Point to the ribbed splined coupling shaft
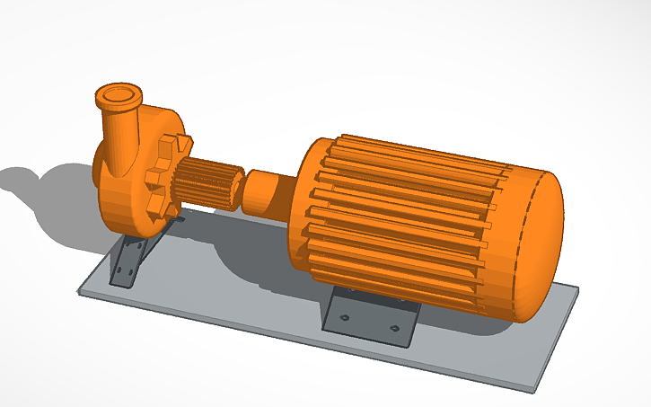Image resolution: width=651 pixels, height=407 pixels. (205, 183)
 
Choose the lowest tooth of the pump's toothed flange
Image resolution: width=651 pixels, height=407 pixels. (162, 216)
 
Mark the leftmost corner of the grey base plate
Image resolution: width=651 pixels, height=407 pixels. (80, 289)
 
